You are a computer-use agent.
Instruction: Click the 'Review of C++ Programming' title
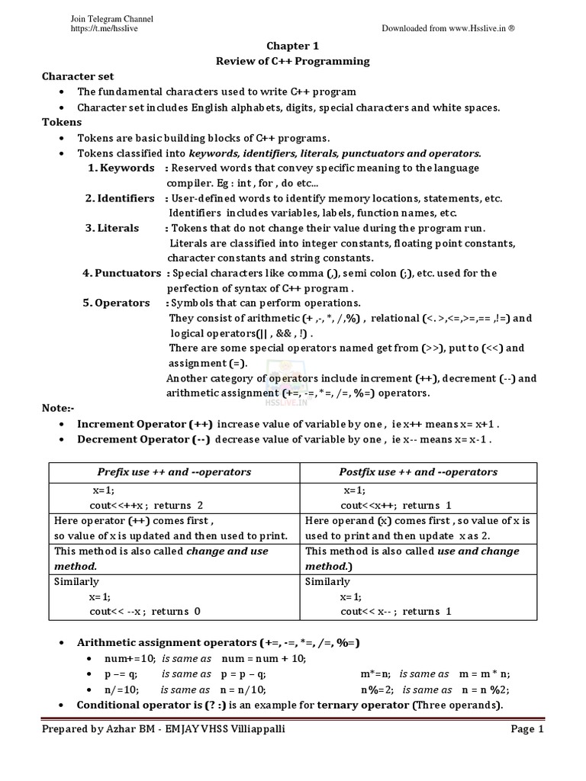[293, 61]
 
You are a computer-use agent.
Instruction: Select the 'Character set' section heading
[78, 76]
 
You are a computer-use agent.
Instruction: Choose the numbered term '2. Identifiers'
[120, 198]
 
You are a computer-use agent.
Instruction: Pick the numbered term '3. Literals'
[112, 228]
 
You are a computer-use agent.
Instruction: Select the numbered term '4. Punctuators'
[122, 273]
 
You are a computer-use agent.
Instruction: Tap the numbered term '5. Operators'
[117, 303]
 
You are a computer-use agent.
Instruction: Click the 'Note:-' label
[57, 408]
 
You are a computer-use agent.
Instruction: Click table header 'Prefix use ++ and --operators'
[174, 472]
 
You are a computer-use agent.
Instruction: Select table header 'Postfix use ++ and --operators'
[418, 472]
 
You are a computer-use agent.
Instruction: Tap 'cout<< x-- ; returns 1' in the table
[396, 611]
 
